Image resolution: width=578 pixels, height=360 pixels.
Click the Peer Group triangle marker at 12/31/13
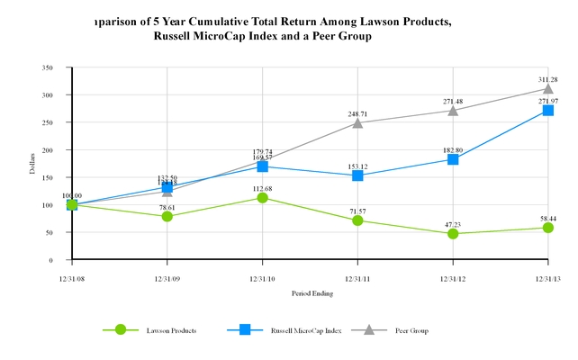[x=548, y=88]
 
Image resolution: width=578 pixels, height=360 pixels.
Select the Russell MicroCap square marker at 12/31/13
[x=548, y=110]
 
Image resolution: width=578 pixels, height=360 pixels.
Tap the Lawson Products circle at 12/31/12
[x=453, y=233]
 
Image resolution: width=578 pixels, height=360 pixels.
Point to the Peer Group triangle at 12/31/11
[x=357, y=122]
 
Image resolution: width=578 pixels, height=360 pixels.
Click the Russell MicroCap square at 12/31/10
[x=262, y=166]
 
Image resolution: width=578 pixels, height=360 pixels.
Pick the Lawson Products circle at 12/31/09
[x=167, y=216]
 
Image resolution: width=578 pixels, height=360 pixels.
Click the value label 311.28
[x=548, y=77]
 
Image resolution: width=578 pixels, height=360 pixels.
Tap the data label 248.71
[x=357, y=112]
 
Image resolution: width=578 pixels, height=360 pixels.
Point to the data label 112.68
[x=262, y=187]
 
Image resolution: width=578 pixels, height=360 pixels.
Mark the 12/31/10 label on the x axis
[x=262, y=277]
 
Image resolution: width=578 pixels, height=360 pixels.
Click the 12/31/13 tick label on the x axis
[x=548, y=277]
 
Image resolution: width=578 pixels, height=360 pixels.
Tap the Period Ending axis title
[x=310, y=293]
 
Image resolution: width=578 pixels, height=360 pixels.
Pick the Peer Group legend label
[x=411, y=330]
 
